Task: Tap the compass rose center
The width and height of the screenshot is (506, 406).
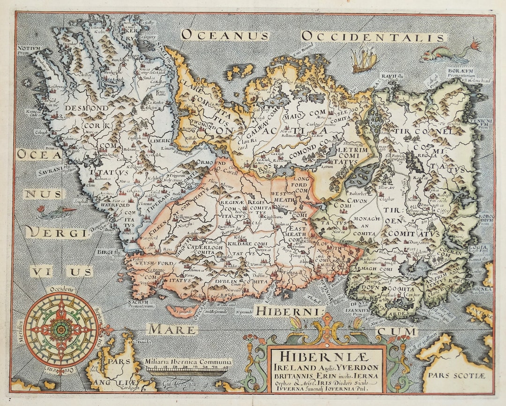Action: pyautogui.click(x=61, y=330)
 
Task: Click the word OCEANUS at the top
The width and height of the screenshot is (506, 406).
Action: pyautogui.click(x=225, y=35)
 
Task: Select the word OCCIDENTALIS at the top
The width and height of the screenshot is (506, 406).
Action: pyautogui.click(x=373, y=36)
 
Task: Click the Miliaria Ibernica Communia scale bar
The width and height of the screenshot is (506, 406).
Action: pyautogui.click(x=187, y=370)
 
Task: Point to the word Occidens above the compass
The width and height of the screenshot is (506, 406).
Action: pyautogui.click(x=61, y=289)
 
